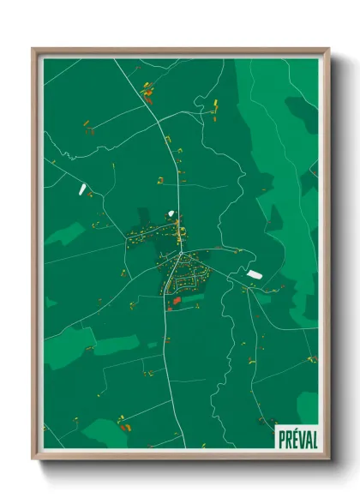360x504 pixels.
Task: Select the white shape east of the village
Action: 254,274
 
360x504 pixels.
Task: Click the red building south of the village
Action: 177,301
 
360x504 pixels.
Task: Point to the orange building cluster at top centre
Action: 147,87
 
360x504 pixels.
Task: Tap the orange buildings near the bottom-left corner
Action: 123,423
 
